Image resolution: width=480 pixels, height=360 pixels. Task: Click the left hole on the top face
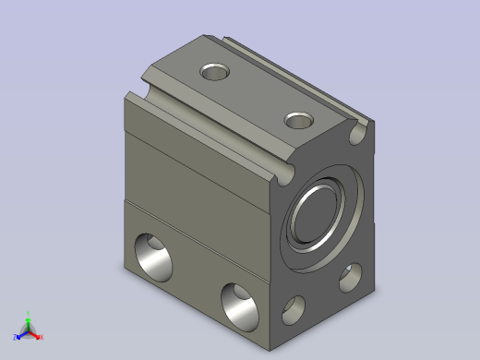(x=216, y=71)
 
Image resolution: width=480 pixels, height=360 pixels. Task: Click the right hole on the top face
(x=298, y=120)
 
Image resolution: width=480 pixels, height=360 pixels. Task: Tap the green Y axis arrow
(x=28, y=318)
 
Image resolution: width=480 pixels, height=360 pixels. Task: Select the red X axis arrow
(x=36, y=335)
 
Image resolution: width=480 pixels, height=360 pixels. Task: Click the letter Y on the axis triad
(x=29, y=312)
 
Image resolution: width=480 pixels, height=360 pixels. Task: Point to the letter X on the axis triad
(x=42, y=337)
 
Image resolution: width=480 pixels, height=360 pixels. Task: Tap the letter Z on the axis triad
(x=14, y=337)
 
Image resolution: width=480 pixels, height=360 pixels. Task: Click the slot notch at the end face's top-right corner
(x=358, y=136)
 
